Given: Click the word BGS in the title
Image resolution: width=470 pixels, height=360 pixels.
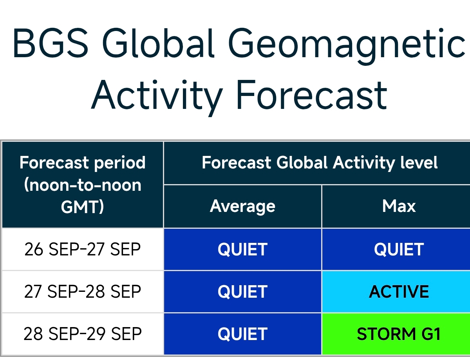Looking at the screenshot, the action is pyautogui.click(x=51, y=43).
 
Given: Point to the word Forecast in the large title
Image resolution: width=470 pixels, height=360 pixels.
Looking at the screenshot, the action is pyautogui.click(x=312, y=95).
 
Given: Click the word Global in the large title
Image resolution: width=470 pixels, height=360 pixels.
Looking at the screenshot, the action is pyautogui.click(x=158, y=43).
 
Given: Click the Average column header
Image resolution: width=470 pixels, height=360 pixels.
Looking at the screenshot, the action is pyautogui.click(x=242, y=206).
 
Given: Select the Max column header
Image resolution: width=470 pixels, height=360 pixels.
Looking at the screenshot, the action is pyautogui.click(x=399, y=206).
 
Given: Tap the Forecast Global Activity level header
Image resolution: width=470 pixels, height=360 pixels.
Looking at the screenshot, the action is pyautogui.click(x=320, y=163).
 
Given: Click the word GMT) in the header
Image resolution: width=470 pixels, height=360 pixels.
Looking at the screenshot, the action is pyautogui.click(x=82, y=207).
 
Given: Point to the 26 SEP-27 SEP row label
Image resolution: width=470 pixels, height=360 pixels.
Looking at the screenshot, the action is pyautogui.click(x=82, y=249).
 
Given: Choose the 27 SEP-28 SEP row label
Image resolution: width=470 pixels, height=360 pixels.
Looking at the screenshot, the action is pyautogui.click(x=82, y=291).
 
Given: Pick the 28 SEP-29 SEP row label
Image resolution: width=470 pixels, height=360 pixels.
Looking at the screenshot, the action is pyautogui.click(x=82, y=334).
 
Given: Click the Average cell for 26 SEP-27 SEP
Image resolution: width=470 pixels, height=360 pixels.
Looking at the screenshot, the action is pyautogui.click(x=242, y=249).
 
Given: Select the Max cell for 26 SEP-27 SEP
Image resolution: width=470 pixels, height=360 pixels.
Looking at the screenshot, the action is pyautogui.click(x=396, y=249).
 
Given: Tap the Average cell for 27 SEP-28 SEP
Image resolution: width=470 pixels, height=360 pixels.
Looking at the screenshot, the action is pyautogui.click(x=242, y=291).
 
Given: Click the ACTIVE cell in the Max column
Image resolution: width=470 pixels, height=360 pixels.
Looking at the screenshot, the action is pyautogui.click(x=396, y=291).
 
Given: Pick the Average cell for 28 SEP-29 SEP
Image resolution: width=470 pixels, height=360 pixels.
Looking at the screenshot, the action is pyautogui.click(x=242, y=334).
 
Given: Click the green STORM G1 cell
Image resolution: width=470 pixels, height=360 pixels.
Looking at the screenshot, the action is pyautogui.click(x=396, y=334).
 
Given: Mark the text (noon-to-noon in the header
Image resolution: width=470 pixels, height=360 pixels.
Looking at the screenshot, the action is pyautogui.click(x=82, y=185).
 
